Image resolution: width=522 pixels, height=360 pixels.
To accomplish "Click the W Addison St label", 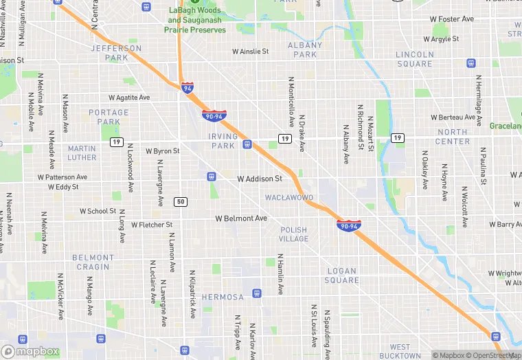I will [260, 179].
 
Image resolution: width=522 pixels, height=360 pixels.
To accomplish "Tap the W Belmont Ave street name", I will [240, 218].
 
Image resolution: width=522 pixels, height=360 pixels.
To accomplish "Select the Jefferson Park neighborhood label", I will [116, 53].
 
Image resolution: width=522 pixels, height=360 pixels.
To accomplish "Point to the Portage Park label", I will [109, 117].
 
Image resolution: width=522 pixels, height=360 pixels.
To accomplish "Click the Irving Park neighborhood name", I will [223, 141].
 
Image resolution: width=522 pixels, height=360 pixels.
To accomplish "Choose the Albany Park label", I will [305, 49].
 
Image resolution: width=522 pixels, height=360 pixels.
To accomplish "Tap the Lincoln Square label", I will [415, 59].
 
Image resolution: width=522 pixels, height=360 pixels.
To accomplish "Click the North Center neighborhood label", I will [453, 137].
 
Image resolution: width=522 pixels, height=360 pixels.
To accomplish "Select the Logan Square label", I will [342, 275].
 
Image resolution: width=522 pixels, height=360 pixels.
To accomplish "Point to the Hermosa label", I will [222, 297].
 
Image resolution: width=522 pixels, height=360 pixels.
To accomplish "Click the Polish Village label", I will [293, 234].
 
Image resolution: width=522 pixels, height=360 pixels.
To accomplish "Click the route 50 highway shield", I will [181, 201].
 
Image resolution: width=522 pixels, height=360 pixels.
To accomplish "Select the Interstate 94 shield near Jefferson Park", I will [188, 87].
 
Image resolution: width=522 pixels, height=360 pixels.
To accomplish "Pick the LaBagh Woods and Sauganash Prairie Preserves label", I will [196, 21].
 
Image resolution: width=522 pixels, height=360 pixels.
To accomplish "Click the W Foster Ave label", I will [453, 19].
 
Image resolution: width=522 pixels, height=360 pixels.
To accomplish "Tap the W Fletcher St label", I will [150, 225].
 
